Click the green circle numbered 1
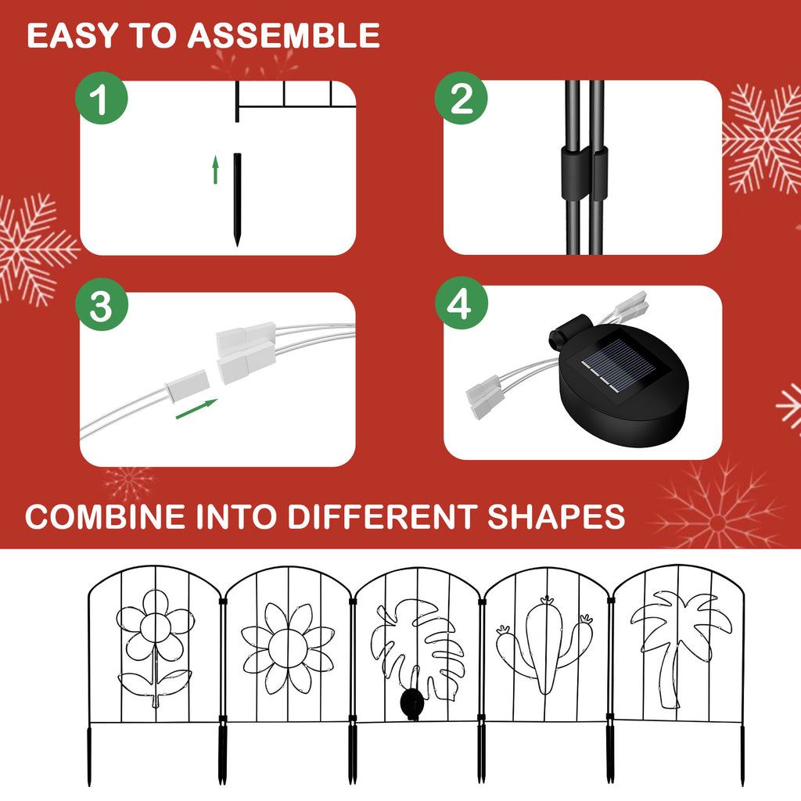click(x=101, y=98)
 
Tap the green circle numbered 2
click(x=461, y=98)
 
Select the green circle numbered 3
click(x=101, y=304)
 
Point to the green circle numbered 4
click(x=462, y=304)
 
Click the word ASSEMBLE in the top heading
click(x=283, y=35)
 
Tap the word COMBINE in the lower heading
click(x=106, y=516)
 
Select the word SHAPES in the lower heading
click(x=556, y=516)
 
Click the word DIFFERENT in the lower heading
click(x=382, y=516)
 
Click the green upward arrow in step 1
click(x=216, y=170)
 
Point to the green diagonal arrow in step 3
click(x=196, y=409)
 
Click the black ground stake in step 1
click(x=237, y=199)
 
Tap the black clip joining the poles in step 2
click(x=585, y=172)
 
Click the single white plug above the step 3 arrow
click(x=187, y=385)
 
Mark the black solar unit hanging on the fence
click(x=411, y=702)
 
